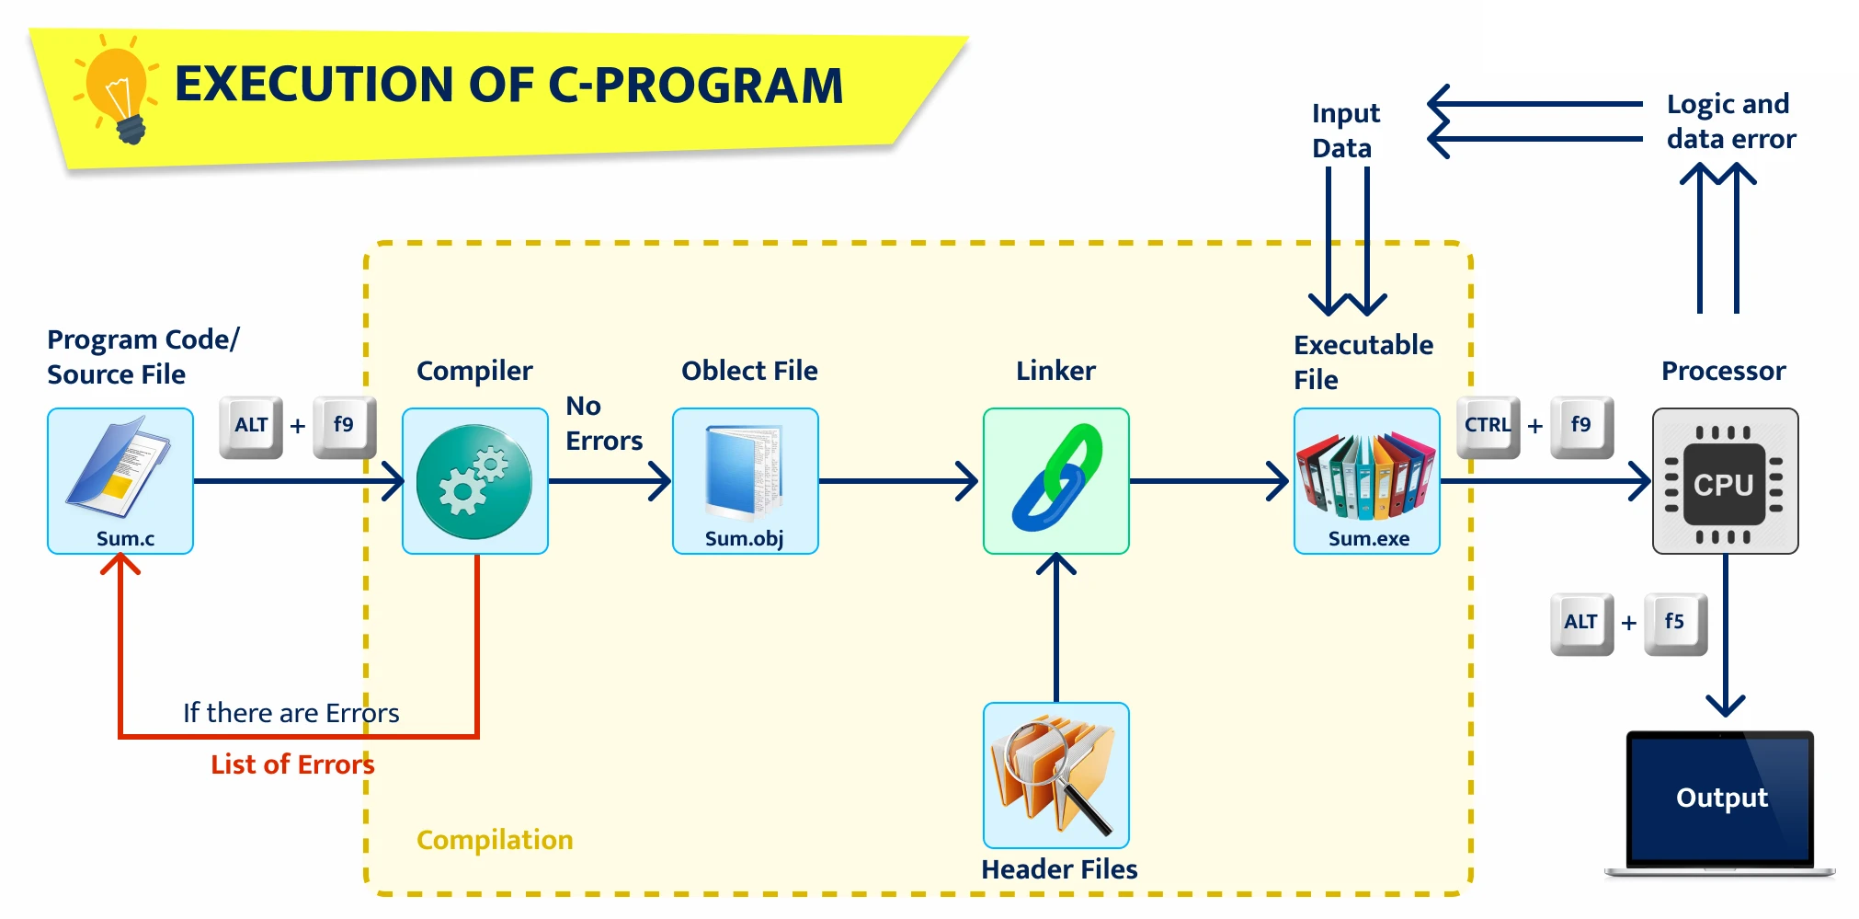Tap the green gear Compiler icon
coord(474,480)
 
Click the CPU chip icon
coord(1725,480)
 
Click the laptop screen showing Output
coord(1720,797)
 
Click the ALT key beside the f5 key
coord(1581,623)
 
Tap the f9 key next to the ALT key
coord(344,425)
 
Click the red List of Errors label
coord(292,764)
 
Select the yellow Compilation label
coord(495,840)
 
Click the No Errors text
coord(603,423)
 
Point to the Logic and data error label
coord(1730,121)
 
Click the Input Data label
coord(1345,131)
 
